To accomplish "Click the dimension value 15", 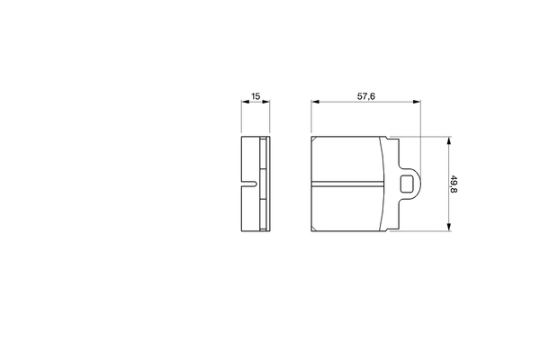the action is click(x=256, y=96).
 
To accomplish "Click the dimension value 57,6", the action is click(x=365, y=96).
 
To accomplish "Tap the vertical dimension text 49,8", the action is click(x=454, y=184).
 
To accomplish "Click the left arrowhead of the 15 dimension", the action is click(x=245, y=102).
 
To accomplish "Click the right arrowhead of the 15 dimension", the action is click(x=265, y=102).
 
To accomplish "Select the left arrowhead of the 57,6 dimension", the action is click(x=316, y=102).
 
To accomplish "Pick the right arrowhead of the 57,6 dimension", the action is click(x=417, y=102).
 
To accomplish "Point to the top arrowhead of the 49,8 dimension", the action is click(x=449, y=140).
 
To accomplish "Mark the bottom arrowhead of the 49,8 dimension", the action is click(x=449, y=227).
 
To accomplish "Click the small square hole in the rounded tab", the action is click(x=407, y=184).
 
